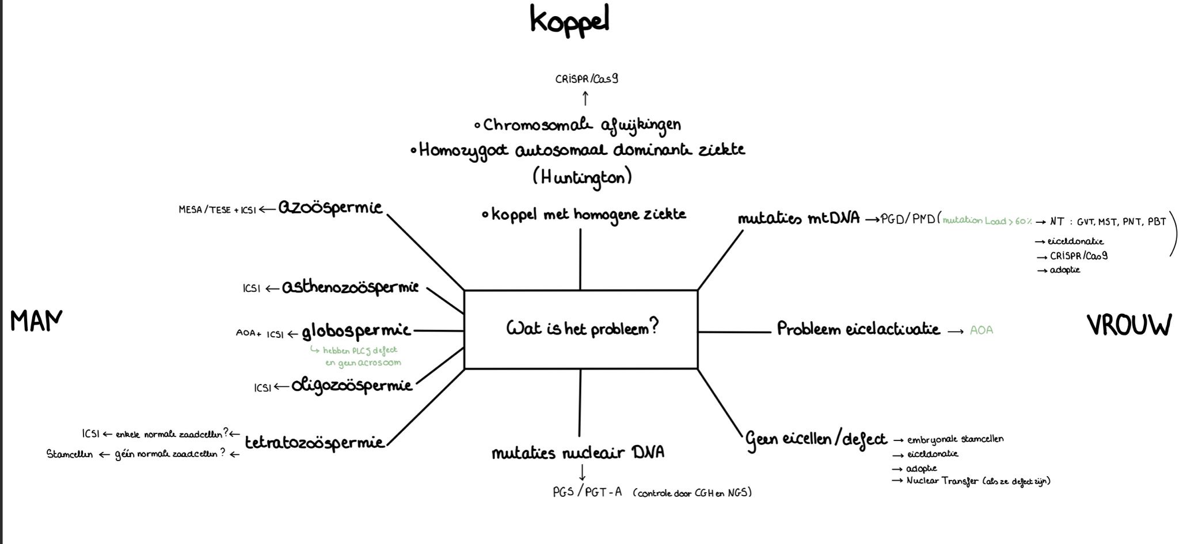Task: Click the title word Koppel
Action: (x=569, y=21)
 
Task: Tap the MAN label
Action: (x=36, y=321)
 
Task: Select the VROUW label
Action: (x=1129, y=325)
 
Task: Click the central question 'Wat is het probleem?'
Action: (x=582, y=328)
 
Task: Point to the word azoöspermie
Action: (x=330, y=208)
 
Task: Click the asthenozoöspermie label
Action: (x=350, y=287)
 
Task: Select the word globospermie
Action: (x=356, y=331)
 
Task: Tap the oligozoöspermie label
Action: (x=352, y=385)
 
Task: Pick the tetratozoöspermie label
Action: (x=314, y=443)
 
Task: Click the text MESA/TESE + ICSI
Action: (x=217, y=210)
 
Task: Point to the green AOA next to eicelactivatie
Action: (x=982, y=330)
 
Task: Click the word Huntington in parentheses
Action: (x=582, y=177)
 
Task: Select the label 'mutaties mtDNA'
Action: (x=798, y=219)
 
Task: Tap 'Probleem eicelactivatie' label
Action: (x=858, y=329)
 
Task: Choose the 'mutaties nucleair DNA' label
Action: (x=578, y=453)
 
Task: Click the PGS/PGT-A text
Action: (x=587, y=492)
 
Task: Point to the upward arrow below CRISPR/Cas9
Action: (x=585, y=98)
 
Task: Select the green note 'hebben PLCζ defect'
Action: (x=360, y=350)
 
